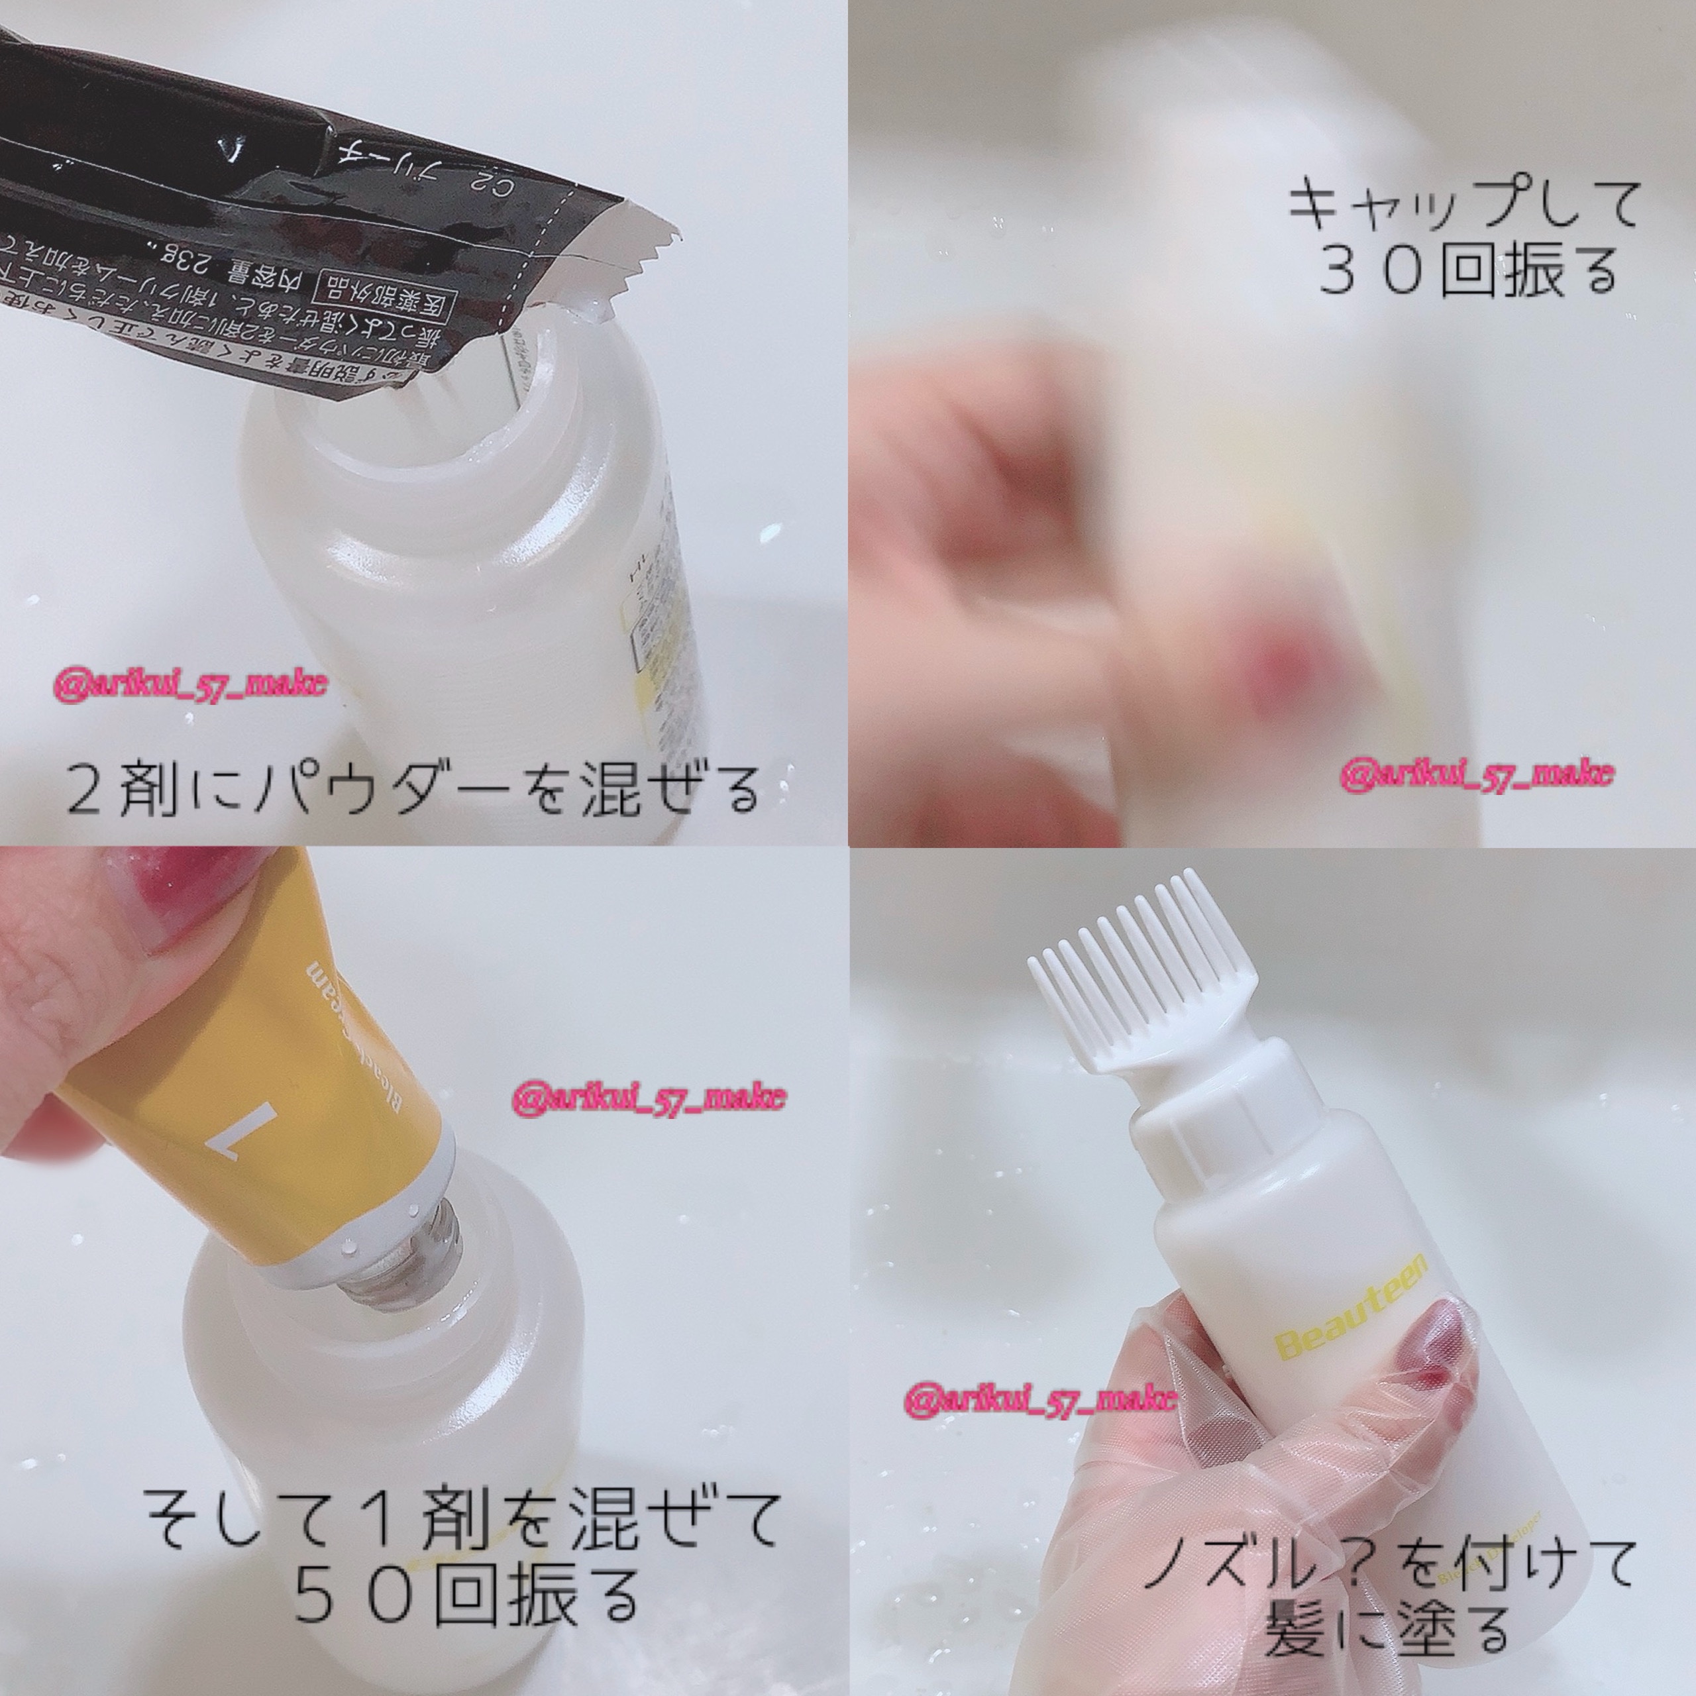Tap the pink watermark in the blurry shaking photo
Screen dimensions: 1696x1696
click(x=1477, y=772)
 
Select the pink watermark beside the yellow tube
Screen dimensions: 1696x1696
click(x=648, y=1098)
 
